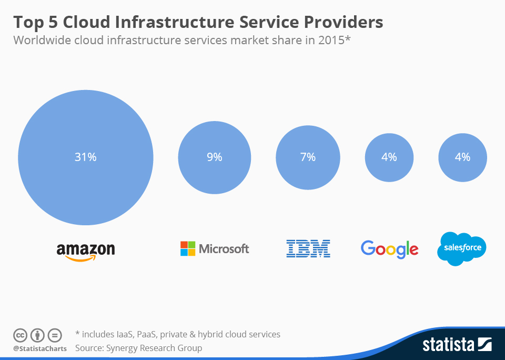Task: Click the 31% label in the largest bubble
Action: click(x=85, y=157)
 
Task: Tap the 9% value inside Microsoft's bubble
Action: click(x=214, y=157)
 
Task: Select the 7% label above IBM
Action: click(x=308, y=157)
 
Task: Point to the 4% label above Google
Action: click(x=389, y=157)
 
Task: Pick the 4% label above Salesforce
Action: click(x=462, y=157)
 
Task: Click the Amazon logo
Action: click(x=86, y=251)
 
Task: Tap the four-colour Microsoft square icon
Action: click(x=188, y=248)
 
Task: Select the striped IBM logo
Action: click(x=308, y=248)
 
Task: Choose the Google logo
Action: click(x=389, y=249)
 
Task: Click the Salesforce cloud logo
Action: click(x=462, y=248)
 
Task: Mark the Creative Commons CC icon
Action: click(x=20, y=335)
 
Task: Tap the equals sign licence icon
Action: click(x=55, y=335)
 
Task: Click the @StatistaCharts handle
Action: click(x=40, y=348)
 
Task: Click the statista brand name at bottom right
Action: click(x=448, y=345)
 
